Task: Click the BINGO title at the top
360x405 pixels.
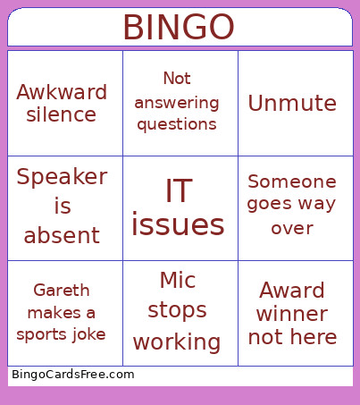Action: coord(179,28)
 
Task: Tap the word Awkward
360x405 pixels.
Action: coord(62,92)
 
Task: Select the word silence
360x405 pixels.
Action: coord(62,114)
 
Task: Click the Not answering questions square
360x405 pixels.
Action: coord(177,101)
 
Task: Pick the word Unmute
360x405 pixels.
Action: coord(292,103)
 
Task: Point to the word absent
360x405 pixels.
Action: coord(62,236)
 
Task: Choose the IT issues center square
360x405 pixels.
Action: coord(178,208)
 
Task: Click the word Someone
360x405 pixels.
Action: coord(292,181)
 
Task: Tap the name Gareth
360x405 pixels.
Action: coord(61,290)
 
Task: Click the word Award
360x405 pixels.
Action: coord(292,291)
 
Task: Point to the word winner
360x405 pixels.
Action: coord(292,314)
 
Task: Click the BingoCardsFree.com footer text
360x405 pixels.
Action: coord(72,375)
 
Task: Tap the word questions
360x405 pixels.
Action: coord(177,124)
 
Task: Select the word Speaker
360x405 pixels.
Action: coord(62,176)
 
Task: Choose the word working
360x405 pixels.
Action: coord(177,342)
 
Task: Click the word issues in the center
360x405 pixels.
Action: coord(178,224)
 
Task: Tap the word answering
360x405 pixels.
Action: coord(177,101)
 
